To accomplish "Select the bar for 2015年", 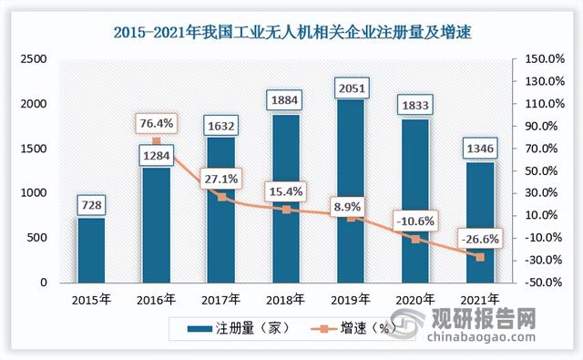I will click(x=90, y=250).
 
